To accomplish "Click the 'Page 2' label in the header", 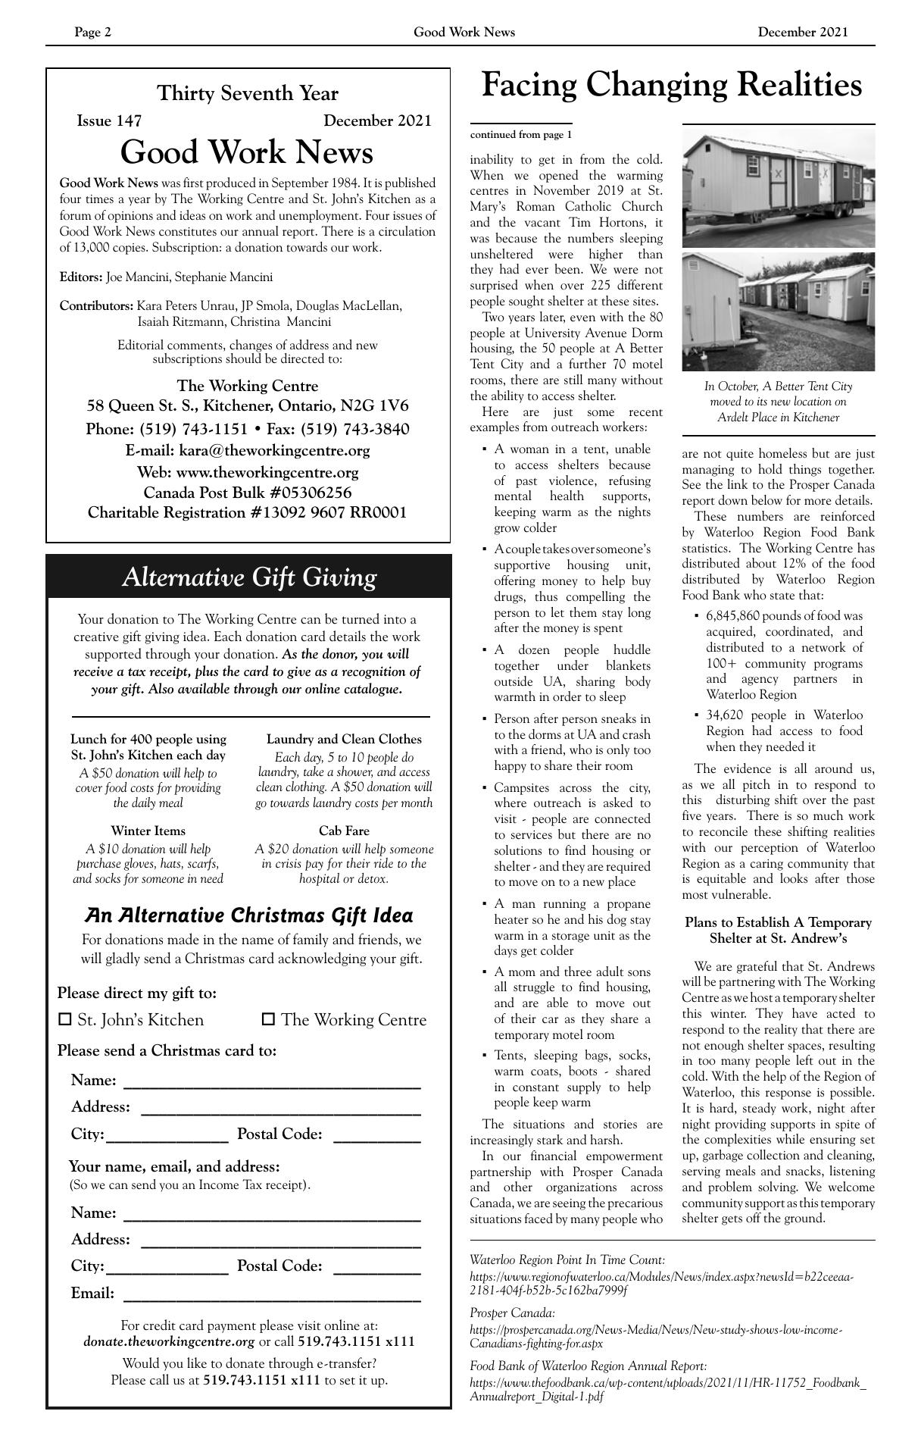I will point(92,32).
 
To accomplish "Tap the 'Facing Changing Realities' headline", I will point(671,84).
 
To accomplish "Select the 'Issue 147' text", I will point(109,120).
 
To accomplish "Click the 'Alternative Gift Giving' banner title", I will point(248,577).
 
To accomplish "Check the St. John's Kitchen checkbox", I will point(65,1020).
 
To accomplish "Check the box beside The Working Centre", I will point(268,1020).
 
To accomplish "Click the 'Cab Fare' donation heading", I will point(344,831).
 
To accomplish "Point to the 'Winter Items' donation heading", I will point(148,831).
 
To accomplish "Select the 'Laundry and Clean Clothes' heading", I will point(344,739).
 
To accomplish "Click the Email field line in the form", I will point(271,1294).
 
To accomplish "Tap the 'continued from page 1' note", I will point(521,135).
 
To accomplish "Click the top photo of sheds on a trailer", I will point(778,187).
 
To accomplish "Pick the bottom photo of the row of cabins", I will point(778,311).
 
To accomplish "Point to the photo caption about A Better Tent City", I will point(778,402).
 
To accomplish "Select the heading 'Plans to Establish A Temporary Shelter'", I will point(778,931).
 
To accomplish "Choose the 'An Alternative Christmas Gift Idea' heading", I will point(248,915).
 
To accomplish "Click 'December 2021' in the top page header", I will point(802,32).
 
